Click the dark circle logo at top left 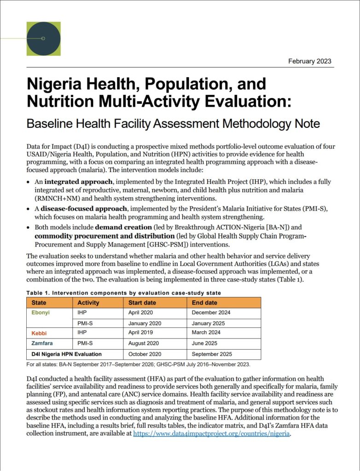tap(43, 39)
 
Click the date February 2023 tap(309, 61)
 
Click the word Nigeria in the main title tap(55, 84)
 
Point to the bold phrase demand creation tap(123, 227)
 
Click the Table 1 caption tap(123, 293)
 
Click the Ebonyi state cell tap(41, 313)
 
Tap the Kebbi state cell tap(39, 332)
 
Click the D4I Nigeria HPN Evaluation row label tap(66, 354)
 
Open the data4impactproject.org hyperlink tap(211, 433)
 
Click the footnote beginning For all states tap(138, 364)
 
